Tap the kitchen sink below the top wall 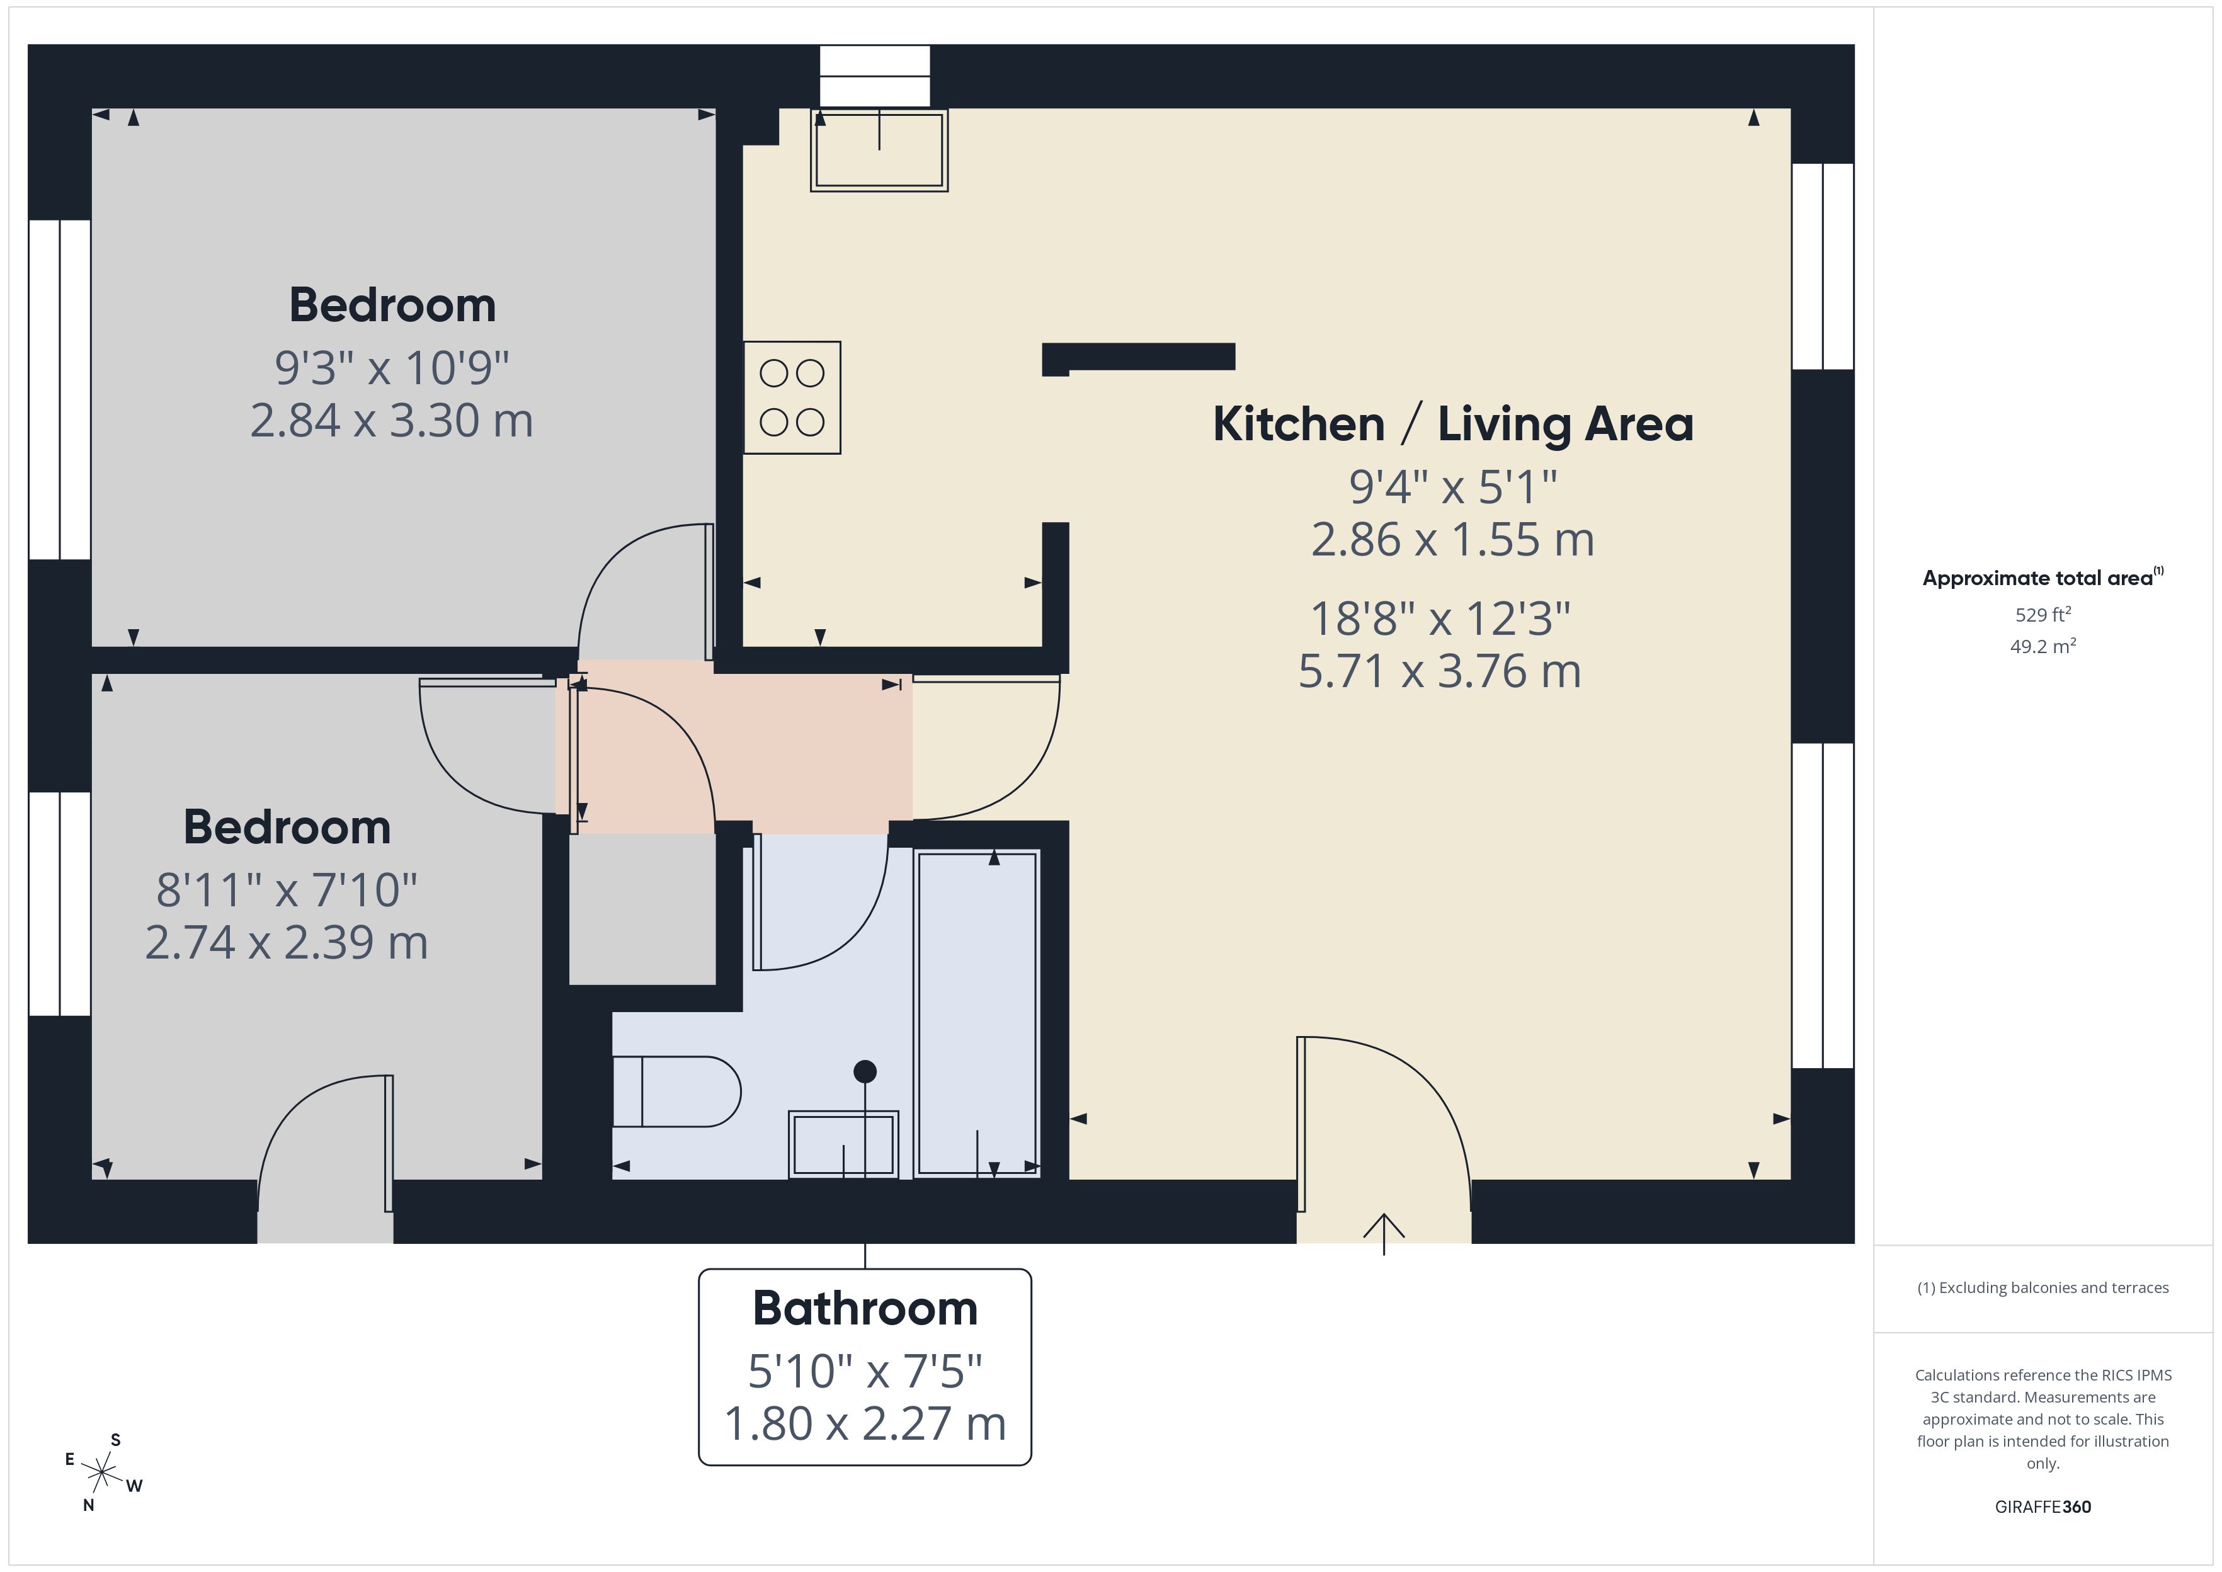coord(879,150)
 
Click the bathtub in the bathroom coord(976,1013)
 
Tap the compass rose coord(101,1473)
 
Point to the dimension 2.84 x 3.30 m coord(391,421)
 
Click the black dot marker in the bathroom coord(865,1071)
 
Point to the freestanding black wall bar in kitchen coord(1138,356)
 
